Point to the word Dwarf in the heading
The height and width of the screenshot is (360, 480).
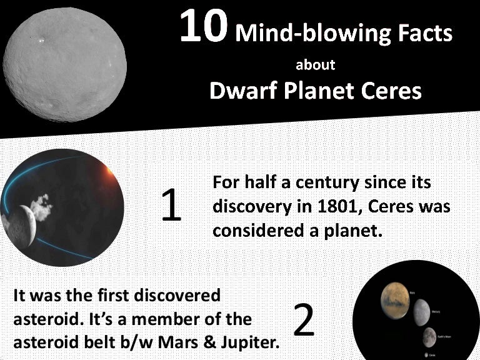[x=240, y=91]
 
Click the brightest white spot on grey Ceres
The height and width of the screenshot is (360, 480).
[x=42, y=41]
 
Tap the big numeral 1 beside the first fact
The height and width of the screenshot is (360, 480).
[x=171, y=206]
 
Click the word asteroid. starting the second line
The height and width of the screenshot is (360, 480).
[x=42, y=319]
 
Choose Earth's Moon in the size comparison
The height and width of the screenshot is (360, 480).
[x=429, y=337]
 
